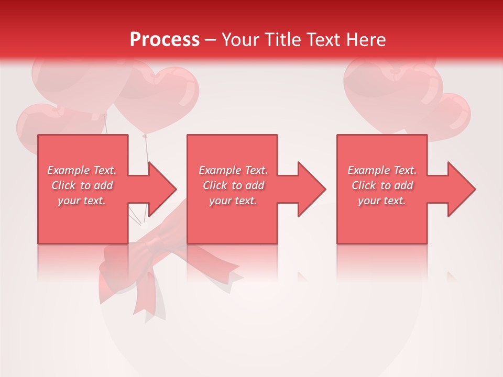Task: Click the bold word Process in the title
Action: [165, 40]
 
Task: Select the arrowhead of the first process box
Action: [162, 189]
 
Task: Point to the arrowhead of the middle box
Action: [311, 189]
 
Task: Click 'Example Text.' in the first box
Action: [82, 170]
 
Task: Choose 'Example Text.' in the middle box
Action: [233, 170]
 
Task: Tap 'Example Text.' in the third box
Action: [382, 170]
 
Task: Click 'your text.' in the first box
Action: [82, 201]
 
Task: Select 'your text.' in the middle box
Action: [233, 201]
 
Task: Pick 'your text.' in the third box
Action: [382, 201]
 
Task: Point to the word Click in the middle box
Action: [215, 185]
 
